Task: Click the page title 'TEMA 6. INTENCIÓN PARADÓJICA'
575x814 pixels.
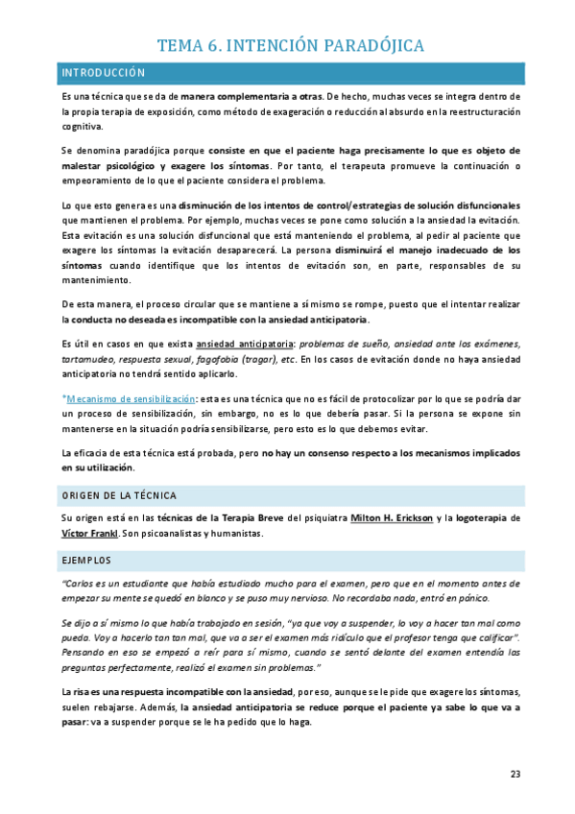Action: coord(290,45)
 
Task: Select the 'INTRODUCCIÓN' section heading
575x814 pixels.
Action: coord(103,73)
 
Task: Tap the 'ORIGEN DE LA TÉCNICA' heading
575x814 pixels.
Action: coord(118,495)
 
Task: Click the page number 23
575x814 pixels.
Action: coord(515,774)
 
